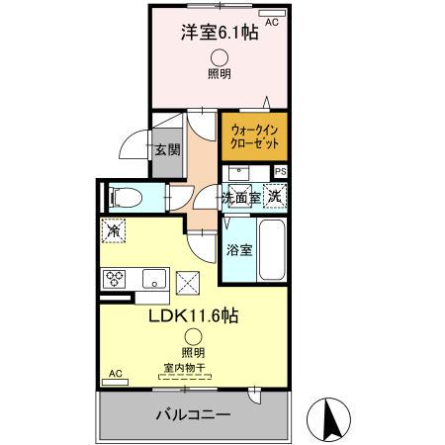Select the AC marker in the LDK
pos(114,374)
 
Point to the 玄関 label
pos(166,150)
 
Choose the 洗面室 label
pos(240,198)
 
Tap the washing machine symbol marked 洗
pos(275,196)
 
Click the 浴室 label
pos(239,249)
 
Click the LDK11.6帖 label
pos(194,316)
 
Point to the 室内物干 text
pos(184,369)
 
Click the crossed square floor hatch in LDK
pos(187,284)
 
